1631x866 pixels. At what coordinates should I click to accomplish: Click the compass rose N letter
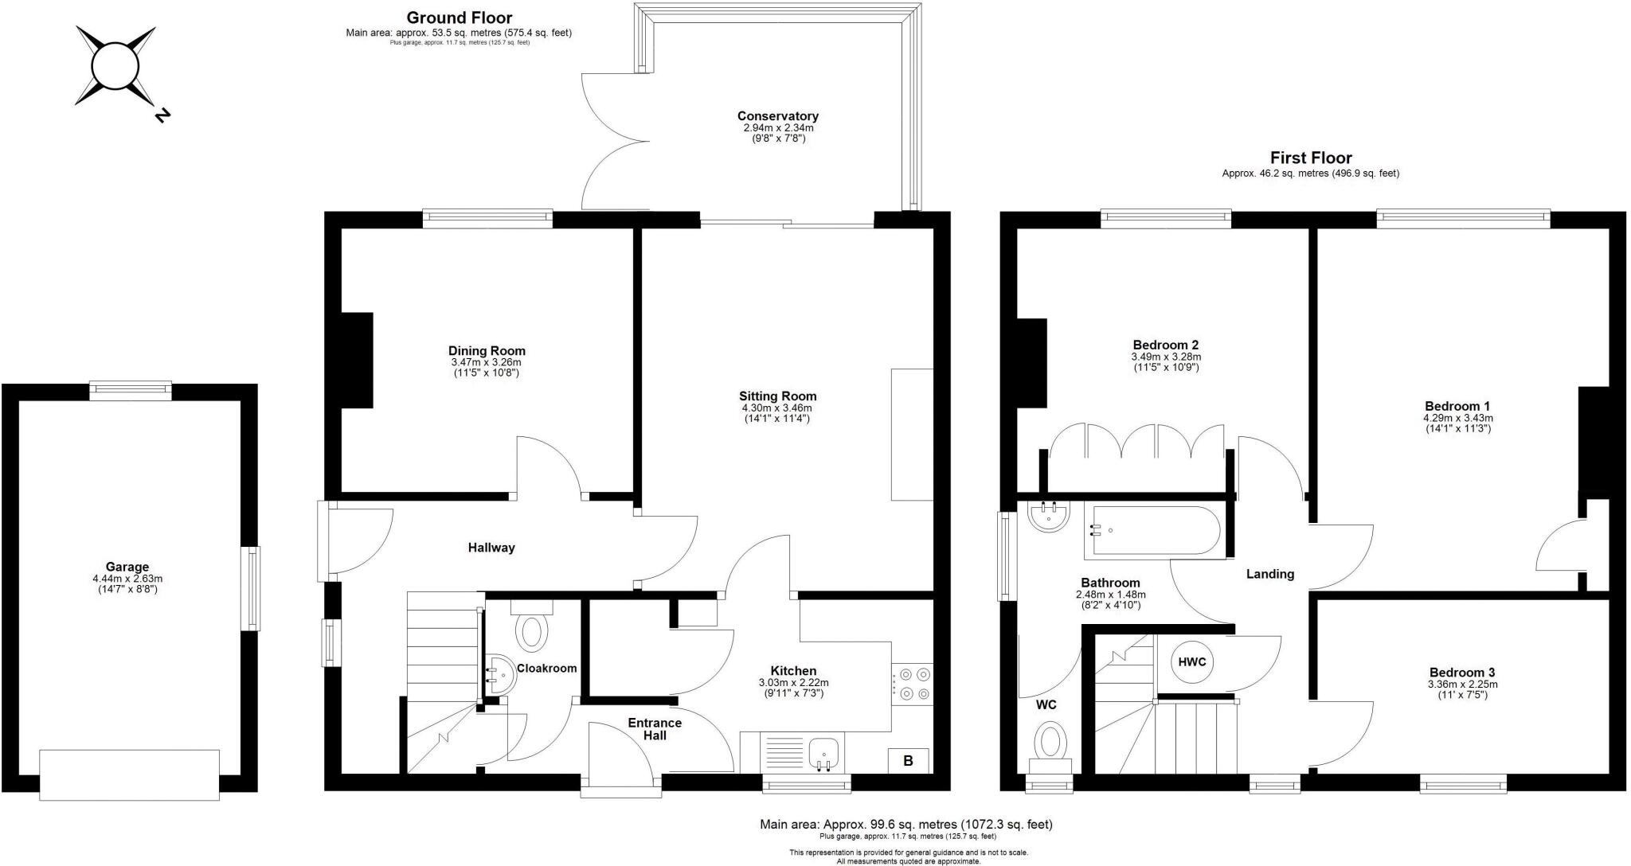click(162, 115)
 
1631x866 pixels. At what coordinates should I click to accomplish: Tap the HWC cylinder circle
click(1191, 662)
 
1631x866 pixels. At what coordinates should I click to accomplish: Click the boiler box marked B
click(908, 761)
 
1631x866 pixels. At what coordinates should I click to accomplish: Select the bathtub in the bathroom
click(1152, 530)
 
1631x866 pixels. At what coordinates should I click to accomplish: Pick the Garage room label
click(127, 568)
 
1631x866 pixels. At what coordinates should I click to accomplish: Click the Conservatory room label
click(777, 116)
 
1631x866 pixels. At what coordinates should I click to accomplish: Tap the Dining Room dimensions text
click(487, 367)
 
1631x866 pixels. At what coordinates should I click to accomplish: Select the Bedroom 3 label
click(1461, 672)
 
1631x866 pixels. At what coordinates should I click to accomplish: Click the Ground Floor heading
click(459, 18)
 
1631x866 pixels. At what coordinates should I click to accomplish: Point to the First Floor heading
click(1310, 158)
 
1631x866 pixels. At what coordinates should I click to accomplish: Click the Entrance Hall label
click(655, 729)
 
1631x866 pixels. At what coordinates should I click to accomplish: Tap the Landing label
click(1269, 574)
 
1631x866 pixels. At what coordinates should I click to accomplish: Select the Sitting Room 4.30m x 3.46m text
click(777, 408)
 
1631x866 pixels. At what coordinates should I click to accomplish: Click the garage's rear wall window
click(131, 390)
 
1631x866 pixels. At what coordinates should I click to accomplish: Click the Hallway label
click(491, 548)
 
